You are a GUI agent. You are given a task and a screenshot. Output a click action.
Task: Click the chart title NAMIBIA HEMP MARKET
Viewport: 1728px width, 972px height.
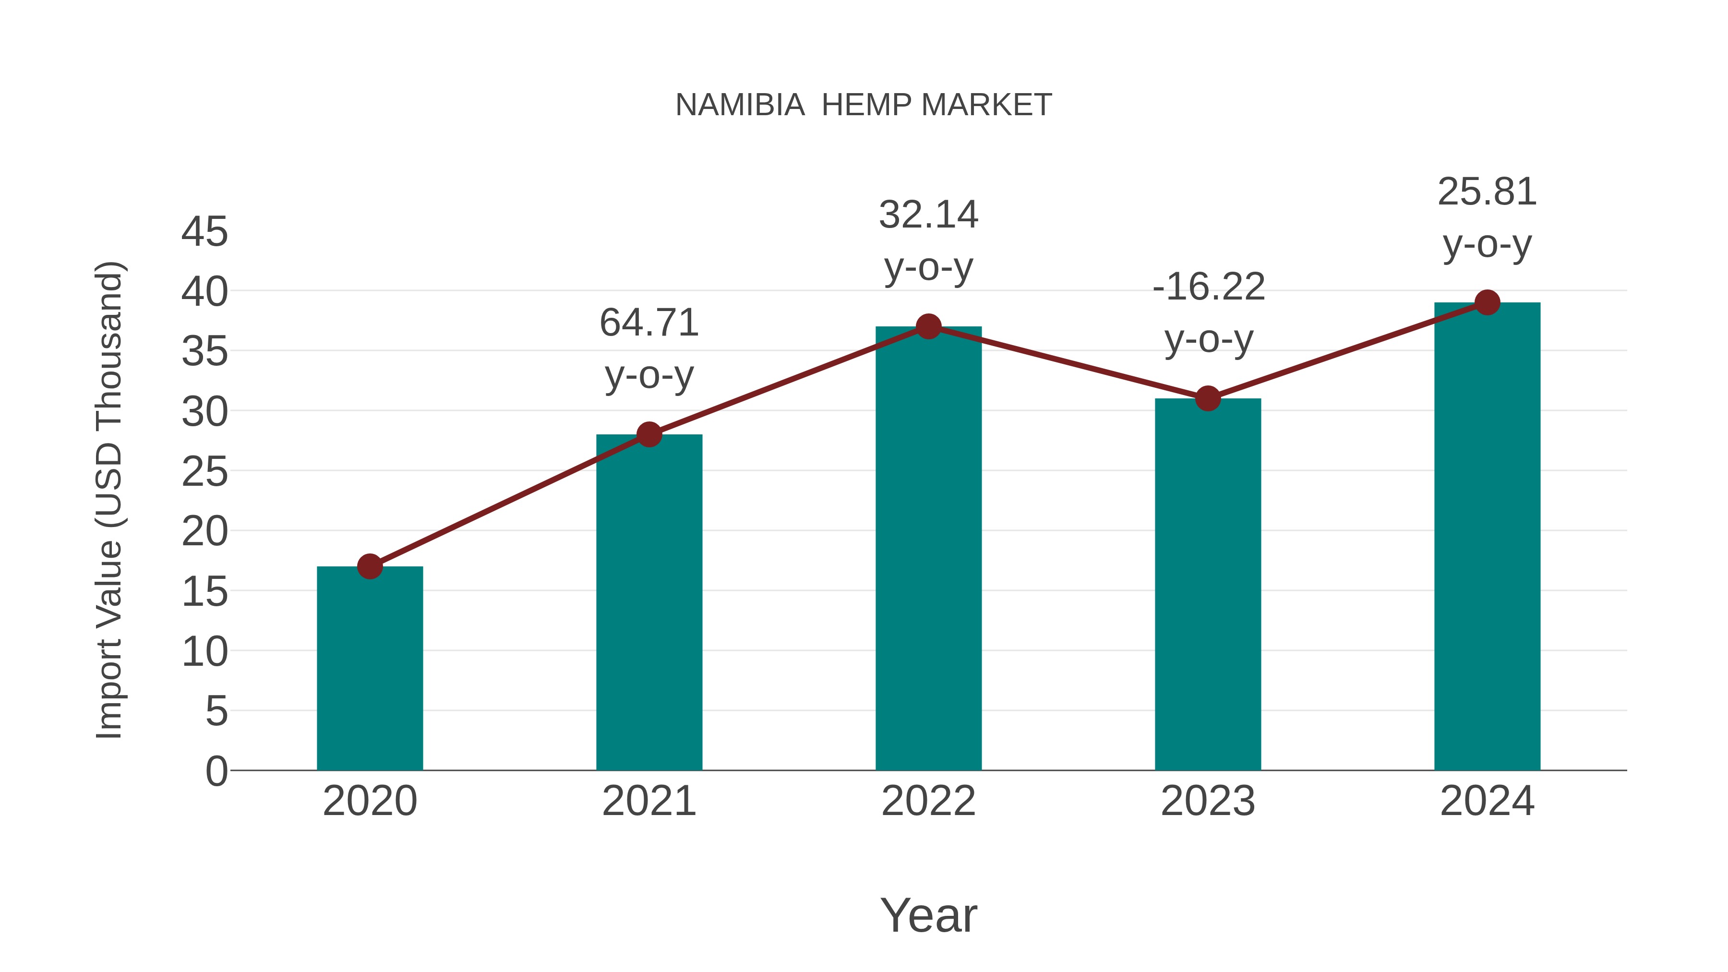pos(864,105)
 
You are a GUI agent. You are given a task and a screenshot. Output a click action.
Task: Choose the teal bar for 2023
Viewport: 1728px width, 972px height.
pos(1208,584)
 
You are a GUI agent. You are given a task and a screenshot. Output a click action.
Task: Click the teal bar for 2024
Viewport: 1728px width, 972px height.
pos(1487,536)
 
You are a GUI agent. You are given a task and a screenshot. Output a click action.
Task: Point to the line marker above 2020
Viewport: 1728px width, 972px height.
pos(370,566)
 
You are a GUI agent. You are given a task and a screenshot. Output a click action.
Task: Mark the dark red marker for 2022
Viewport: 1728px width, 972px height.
pos(928,327)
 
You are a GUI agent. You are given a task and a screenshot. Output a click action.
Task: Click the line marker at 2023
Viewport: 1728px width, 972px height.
pos(1208,398)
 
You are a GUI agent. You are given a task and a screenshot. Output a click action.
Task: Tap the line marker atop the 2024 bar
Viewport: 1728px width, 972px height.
pos(1487,302)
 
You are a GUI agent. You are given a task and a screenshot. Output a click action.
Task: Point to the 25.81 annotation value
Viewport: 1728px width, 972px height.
pos(1487,192)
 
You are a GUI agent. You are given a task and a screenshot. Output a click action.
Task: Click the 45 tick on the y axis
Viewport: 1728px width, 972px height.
pos(204,232)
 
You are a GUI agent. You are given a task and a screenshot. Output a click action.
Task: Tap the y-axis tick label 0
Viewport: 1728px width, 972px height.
pos(216,771)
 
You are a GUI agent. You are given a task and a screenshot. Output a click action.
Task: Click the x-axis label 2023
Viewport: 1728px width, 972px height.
pos(1208,801)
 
